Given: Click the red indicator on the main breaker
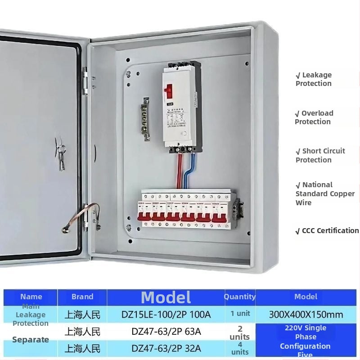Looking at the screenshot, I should click(x=170, y=91).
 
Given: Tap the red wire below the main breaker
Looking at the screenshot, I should click(x=180, y=171).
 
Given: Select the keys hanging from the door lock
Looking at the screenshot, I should click(x=60, y=155).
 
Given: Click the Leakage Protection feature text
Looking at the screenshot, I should click(x=314, y=79).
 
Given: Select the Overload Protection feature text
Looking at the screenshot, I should click(x=314, y=117).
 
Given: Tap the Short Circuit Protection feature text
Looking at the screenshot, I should click(x=320, y=155).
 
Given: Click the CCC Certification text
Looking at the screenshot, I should click(x=327, y=231).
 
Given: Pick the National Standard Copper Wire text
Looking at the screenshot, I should click(x=324, y=193).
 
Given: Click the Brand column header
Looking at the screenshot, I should click(x=82, y=297).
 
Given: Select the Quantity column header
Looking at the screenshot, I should click(x=239, y=297).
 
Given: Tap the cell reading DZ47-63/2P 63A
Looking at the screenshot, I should click(x=166, y=332).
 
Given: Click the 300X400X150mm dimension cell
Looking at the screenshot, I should click(x=306, y=314).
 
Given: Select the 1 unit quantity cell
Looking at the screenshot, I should click(x=240, y=314).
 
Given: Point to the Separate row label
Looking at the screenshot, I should click(x=31, y=340).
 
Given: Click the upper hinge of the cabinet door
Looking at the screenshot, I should click(x=85, y=81).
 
